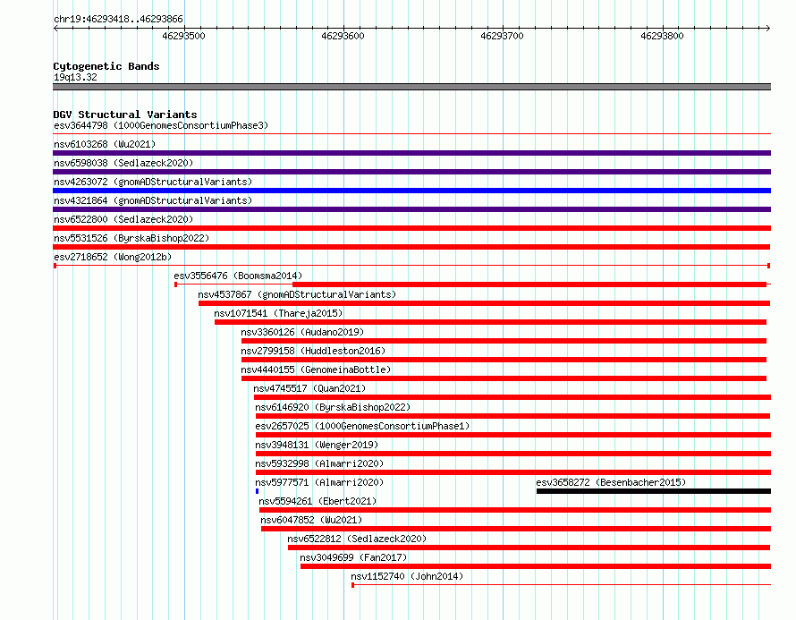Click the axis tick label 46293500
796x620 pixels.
click(x=183, y=36)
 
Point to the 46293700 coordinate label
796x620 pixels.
click(x=502, y=36)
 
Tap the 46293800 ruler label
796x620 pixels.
click(x=662, y=36)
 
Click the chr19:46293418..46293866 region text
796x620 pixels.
click(x=118, y=20)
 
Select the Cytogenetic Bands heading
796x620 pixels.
click(x=106, y=66)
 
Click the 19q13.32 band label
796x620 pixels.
click(x=75, y=77)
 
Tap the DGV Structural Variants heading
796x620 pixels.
click(x=125, y=115)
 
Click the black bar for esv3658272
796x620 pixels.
click(x=654, y=491)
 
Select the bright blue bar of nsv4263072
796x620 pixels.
click(x=411, y=191)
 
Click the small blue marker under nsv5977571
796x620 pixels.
click(x=258, y=491)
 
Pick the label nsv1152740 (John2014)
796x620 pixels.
click(x=407, y=576)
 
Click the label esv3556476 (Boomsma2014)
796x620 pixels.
click(x=238, y=276)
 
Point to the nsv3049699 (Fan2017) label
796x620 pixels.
click(x=353, y=557)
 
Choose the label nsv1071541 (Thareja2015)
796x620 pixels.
click(x=278, y=313)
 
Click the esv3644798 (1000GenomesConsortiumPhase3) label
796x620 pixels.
click(x=161, y=125)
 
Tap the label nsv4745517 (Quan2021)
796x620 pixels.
click(x=309, y=388)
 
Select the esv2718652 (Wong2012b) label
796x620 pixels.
click(x=113, y=257)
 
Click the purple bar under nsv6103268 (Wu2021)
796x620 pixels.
click(x=411, y=153)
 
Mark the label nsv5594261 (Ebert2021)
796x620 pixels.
click(x=318, y=501)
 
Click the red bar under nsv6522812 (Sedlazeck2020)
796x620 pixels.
click(x=529, y=548)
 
